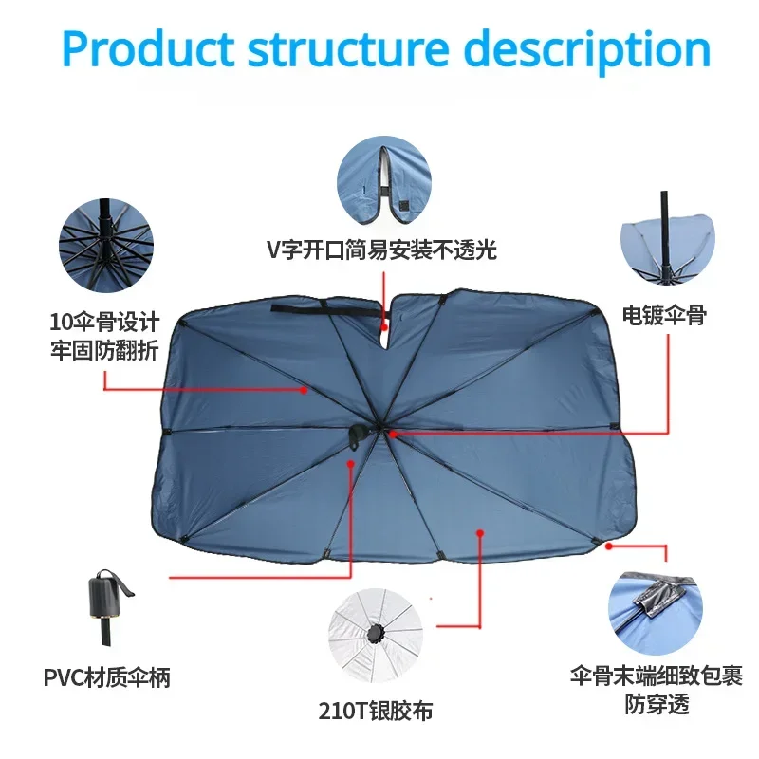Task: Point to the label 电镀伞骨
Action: pos(664,317)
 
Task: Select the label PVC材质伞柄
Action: pos(107,678)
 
